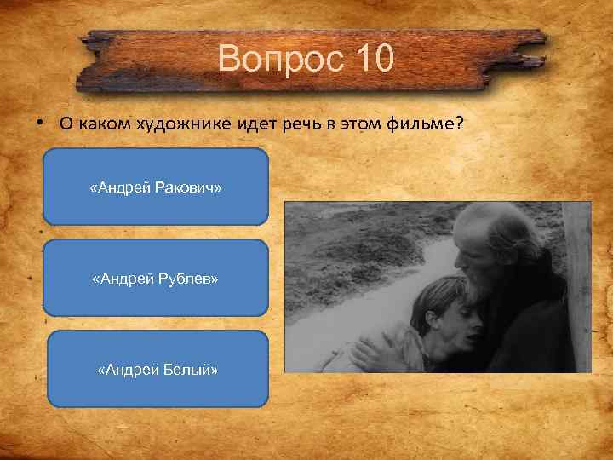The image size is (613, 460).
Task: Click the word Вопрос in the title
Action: click(278, 60)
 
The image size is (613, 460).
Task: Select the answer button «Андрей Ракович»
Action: click(155, 187)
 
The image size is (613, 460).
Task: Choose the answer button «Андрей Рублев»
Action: click(155, 278)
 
